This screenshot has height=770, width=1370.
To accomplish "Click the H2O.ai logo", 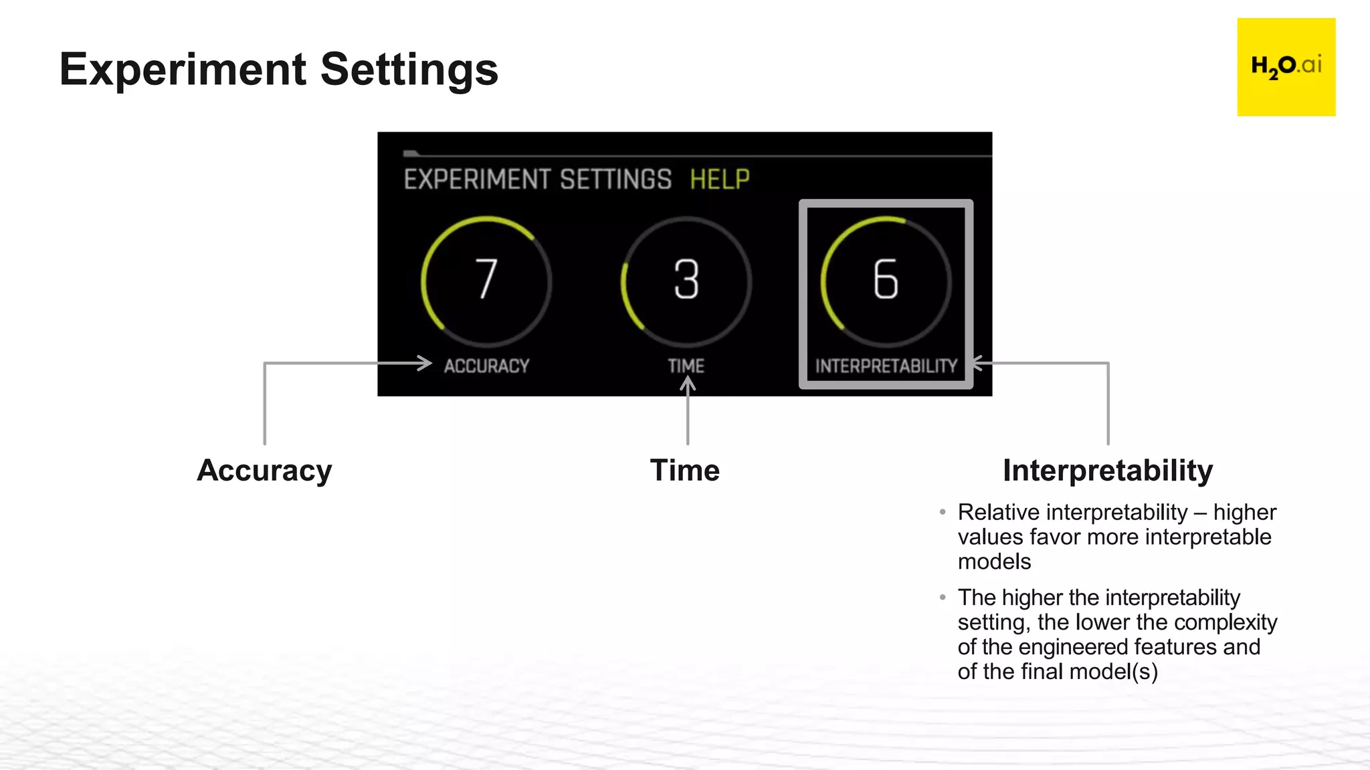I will point(1286,67).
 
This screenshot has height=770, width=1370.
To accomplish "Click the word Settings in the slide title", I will point(409,70).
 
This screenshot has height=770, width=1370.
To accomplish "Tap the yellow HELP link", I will point(719,180).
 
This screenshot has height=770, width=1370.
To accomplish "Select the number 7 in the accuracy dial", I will point(486,279).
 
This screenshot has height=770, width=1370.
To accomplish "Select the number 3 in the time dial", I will point(686,279).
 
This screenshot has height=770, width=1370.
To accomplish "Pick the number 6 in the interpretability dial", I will point(886,279).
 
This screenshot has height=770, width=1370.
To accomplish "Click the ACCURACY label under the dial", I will point(486,366).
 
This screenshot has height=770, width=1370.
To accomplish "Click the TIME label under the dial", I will point(686,366).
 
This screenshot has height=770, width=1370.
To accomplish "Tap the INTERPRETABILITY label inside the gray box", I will point(886,366).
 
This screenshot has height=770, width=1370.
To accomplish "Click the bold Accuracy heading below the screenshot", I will point(264,471).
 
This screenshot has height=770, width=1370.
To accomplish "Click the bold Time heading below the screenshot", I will point(685,471).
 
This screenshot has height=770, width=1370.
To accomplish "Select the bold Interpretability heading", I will point(1108,471).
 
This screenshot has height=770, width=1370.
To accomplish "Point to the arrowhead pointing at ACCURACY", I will point(426,363).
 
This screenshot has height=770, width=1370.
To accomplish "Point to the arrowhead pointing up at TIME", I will point(688,382).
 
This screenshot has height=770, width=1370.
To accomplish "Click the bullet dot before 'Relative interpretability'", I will point(943,513).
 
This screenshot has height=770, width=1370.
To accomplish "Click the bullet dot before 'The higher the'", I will point(943,598).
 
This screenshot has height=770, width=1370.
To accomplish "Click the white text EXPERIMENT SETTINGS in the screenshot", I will point(537,180).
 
